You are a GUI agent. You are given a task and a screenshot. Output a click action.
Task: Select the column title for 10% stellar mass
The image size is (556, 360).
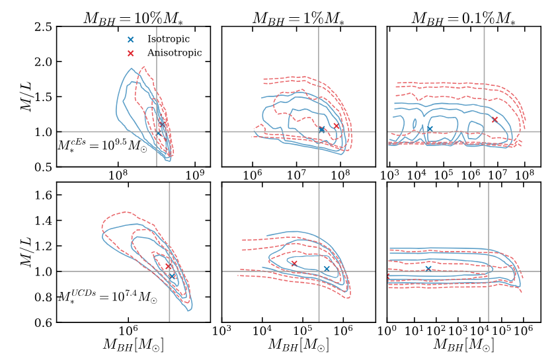coord(133,18)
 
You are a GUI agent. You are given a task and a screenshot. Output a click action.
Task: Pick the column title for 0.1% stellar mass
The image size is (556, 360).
coord(463,18)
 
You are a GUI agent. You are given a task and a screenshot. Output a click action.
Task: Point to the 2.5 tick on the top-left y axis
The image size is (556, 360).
coord(44,27)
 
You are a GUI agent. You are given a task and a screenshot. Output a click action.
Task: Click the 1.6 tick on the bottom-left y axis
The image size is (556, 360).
coord(44,195)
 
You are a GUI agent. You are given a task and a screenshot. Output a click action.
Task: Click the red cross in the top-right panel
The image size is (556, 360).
coord(494,120)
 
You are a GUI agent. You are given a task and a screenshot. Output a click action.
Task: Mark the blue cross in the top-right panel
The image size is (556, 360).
coord(430,129)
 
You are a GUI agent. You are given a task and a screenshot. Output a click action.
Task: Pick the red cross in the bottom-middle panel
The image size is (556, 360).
coord(294,264)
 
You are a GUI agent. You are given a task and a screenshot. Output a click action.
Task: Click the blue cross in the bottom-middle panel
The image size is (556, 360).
coord(327,269)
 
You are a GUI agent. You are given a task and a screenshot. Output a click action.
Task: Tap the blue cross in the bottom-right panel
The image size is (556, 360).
coord(428,269)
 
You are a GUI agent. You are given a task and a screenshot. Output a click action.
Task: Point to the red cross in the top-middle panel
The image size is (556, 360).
coord(336,126)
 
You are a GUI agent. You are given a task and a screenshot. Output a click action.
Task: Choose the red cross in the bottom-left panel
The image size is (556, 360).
coord(168,267)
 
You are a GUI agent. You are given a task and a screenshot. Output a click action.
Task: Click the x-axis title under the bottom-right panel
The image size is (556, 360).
coord(463,345)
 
